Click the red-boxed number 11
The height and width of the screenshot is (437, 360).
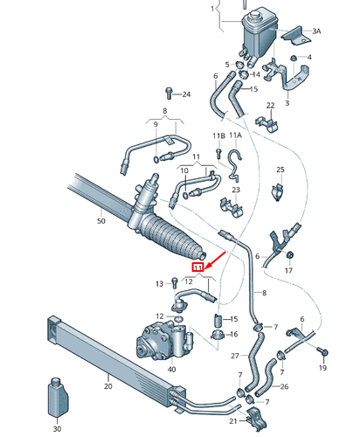(x=198, y=267)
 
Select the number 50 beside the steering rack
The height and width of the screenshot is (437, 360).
(x=100, y=222)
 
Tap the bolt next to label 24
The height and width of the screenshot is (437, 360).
(x=167, y=93)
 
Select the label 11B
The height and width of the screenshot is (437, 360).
(x=218, y=135)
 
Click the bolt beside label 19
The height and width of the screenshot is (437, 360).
(x=326, y=350)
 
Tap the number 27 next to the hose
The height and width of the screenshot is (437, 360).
(x=235, y=356)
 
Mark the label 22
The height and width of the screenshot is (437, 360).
(x=271, y=106)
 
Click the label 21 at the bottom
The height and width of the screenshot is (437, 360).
(x=233, y=421)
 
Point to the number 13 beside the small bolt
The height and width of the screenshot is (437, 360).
(x=160, y=283)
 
